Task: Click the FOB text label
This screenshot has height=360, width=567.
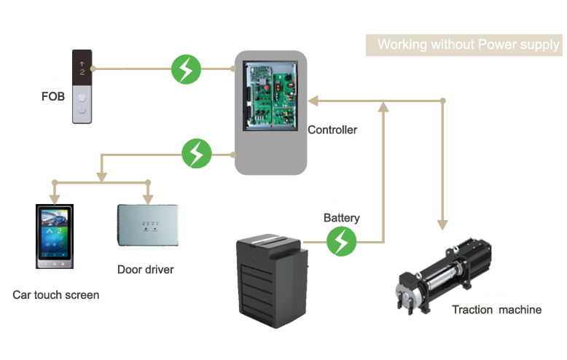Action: click(x=53, y=95)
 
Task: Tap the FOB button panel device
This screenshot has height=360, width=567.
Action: click(x=82, y=86)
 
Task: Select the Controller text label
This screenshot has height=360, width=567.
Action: click(x=332, y=130)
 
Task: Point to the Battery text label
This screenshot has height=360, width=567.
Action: click(x=342, y=218)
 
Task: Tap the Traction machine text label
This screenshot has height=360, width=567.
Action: click(x=496, y=310)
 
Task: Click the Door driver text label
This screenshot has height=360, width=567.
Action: click(x=146, y=270)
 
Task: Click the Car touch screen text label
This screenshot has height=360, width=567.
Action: click(x=56, y=295)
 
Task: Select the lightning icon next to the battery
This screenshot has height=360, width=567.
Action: click(x=341, y=241)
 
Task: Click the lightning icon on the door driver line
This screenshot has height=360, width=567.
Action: click(x=196, y=154)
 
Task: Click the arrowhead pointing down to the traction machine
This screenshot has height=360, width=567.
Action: click(x=442, y=223)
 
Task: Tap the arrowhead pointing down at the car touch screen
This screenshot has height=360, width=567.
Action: click(x=54, y=198)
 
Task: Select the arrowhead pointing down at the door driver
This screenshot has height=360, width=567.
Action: click(x=148, y=198)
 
